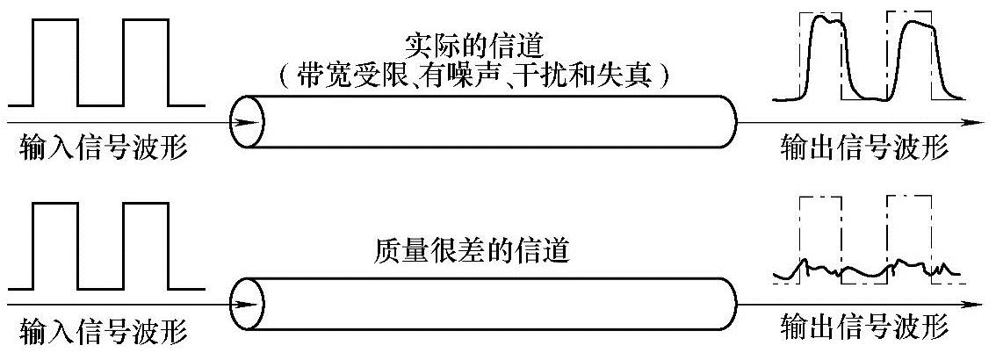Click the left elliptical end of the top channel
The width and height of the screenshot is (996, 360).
tap(247, 122)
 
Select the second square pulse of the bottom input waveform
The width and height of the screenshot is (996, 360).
tap(145, 245)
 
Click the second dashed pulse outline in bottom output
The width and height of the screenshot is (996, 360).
tap(910, 237)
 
